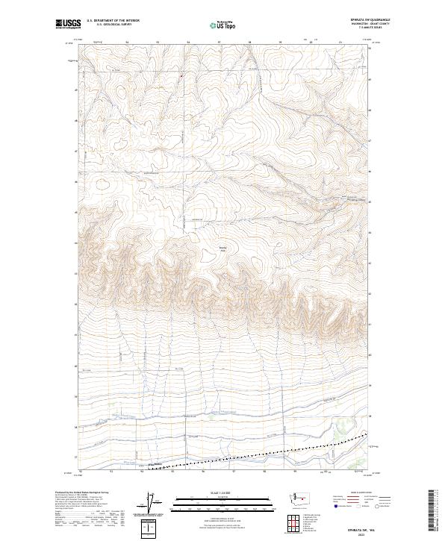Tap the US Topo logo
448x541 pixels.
tap(222, 25)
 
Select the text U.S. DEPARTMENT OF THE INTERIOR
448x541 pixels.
tap(113, 20)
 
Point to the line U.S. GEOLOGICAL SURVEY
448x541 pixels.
tap(113, 24)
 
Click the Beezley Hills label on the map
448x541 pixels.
tap(223, 249)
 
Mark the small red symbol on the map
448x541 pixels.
tap(181, 75)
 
